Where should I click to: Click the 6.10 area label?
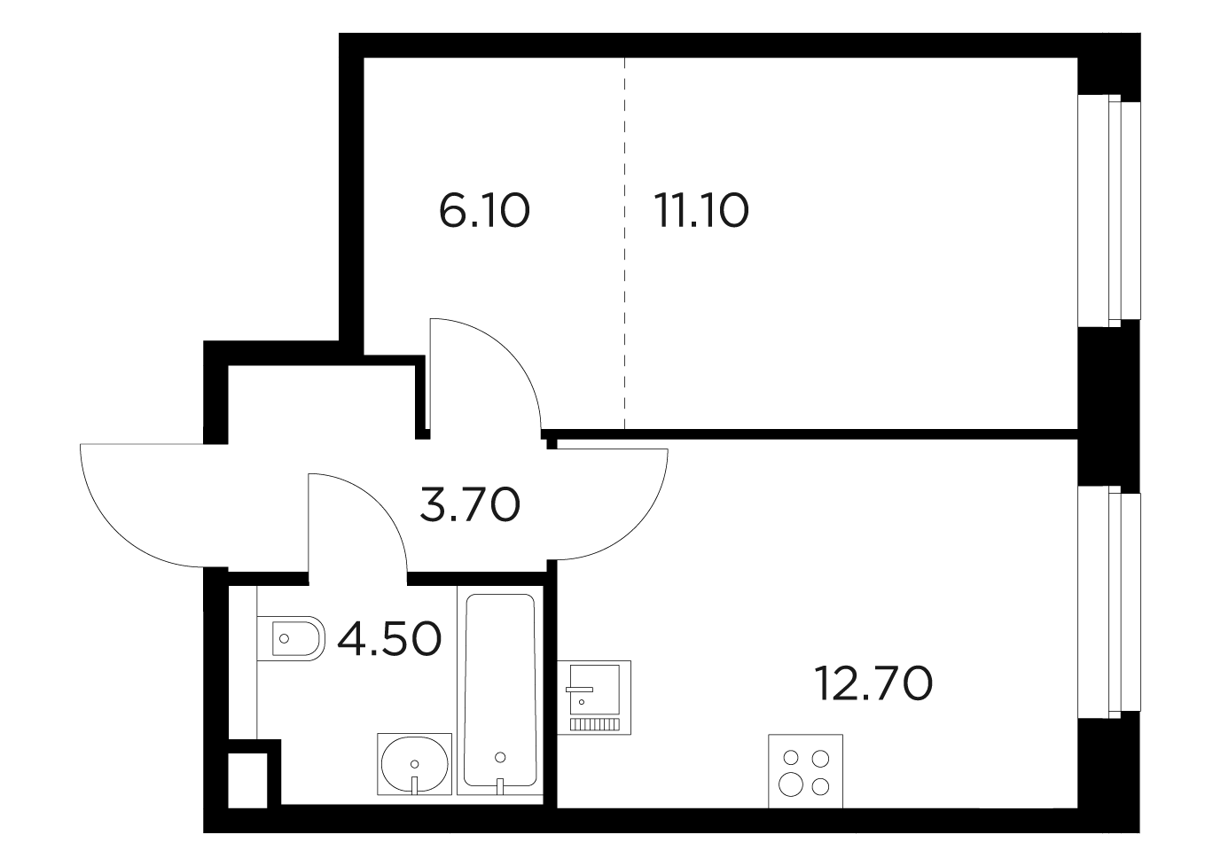click(484, 211)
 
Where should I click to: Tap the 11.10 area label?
click(701, 211)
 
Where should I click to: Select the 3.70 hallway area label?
click(470, 504)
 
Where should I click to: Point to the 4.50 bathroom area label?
click(389, 639)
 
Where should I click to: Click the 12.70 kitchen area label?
click(873, 684)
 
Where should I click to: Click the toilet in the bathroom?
click(291, 638)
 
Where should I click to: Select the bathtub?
click(500, 690)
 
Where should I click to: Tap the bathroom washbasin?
click(414, 763)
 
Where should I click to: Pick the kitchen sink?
click(594, 698)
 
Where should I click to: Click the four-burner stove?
click(805, 771)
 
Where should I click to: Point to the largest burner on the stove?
click(790, 785)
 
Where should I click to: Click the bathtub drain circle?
click(500, 757)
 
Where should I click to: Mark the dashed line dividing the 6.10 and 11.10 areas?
click(624, 243)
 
